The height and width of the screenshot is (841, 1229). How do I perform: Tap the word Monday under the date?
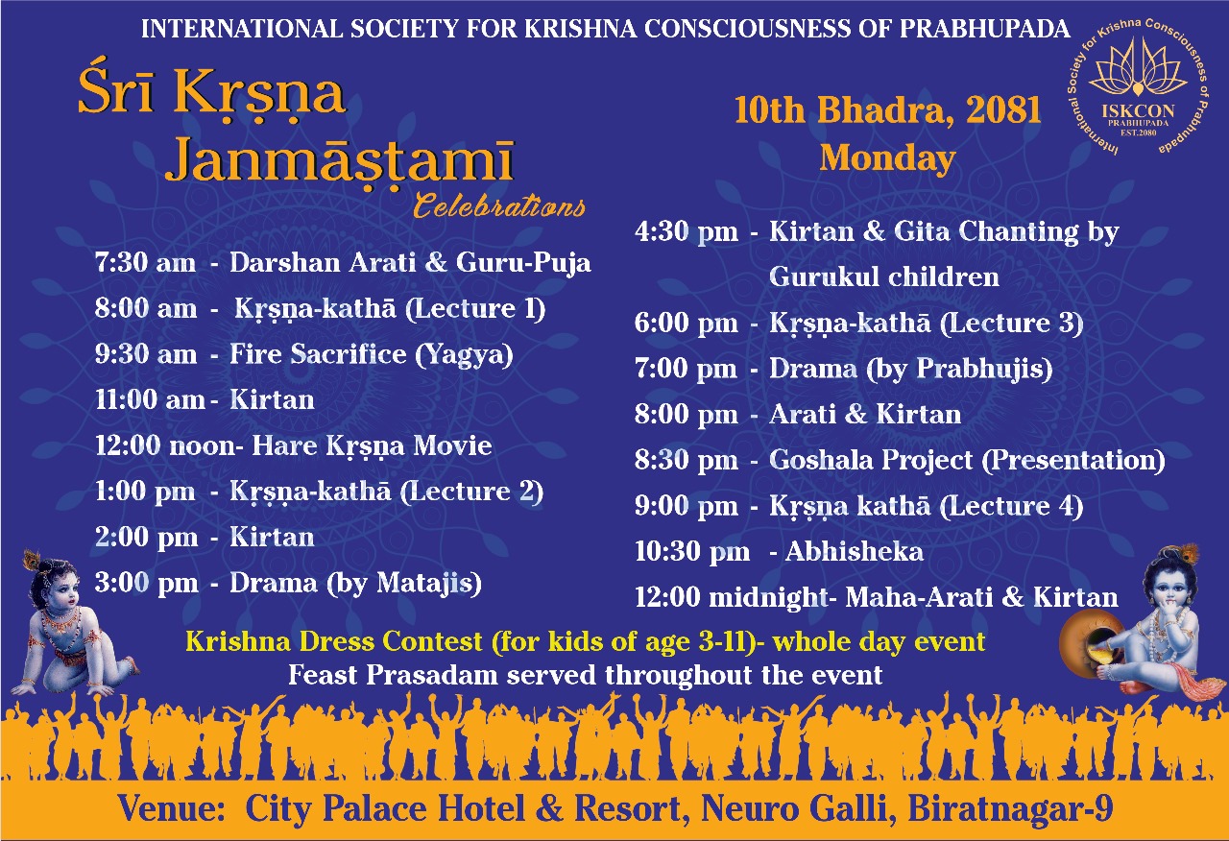[x=888, y=158]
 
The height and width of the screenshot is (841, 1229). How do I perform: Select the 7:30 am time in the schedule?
[x=145, y=262]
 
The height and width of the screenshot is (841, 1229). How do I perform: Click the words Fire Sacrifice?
[x=318, y=354]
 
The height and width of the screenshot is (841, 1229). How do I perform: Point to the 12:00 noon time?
[x=166, y=445]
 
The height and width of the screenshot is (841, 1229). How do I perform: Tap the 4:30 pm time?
[x=687, y=231]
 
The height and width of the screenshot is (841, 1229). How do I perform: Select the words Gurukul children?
[x=884, y=276]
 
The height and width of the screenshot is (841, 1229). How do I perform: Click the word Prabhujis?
[x=980, y=368]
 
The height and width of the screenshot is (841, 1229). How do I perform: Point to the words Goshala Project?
[x=871, y=460]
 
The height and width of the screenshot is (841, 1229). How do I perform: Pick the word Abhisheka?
[x=855, y=551]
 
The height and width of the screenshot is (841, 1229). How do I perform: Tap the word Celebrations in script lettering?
[x=498, y=205]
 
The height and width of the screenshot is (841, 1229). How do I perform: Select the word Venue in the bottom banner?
[x=172, y=808]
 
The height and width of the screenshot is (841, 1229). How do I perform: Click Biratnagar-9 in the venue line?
[x=1010, y=808]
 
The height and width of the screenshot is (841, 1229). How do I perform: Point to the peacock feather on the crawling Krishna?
[x=32, y=560]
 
